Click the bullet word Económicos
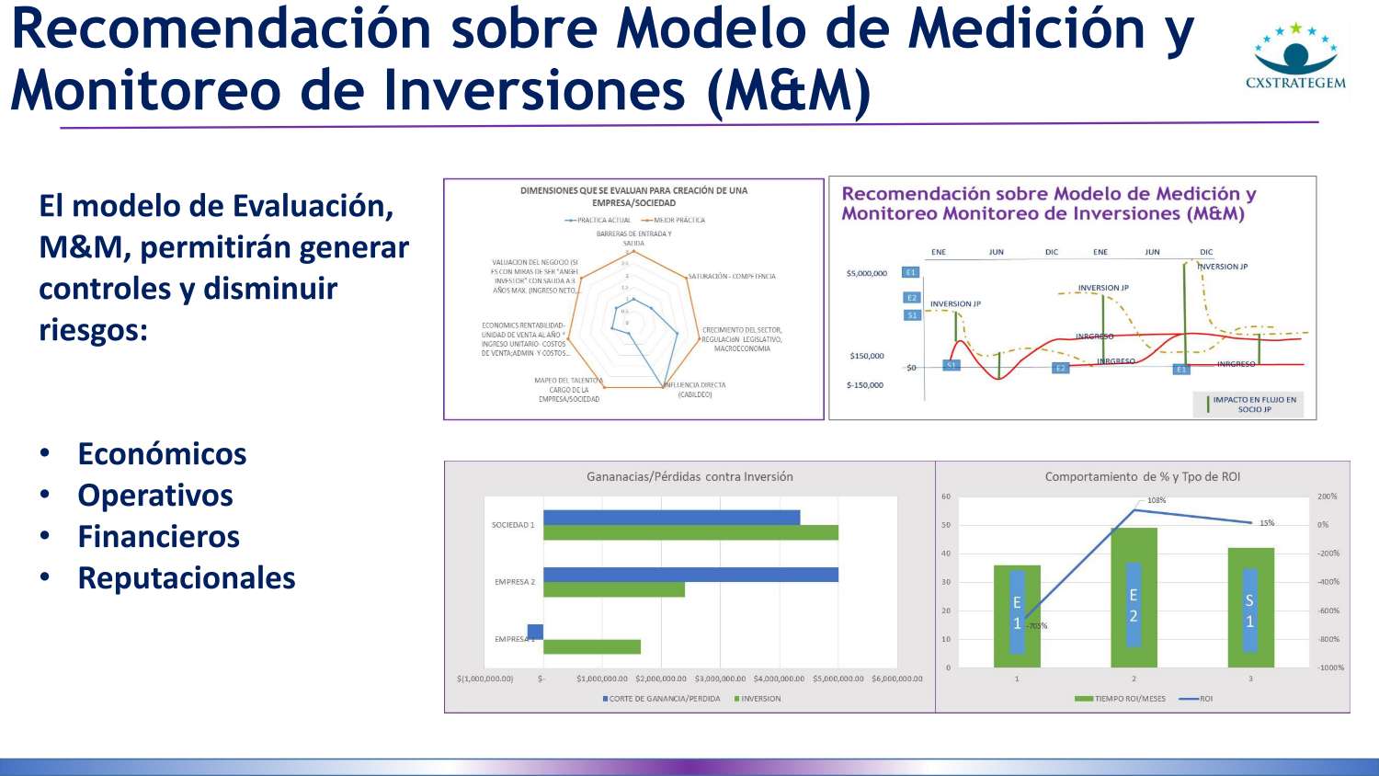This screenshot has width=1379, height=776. [x=162, y=454]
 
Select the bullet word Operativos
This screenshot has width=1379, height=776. [x=155, y=496]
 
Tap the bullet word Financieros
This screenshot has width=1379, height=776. [x=158, y=537]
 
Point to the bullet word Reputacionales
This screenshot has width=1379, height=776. [x=187, y=578]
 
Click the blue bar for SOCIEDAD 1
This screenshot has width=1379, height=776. [x=671, y=518]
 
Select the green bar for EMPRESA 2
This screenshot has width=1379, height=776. [x=614, y=589]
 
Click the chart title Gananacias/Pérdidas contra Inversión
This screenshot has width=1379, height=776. [x=689, y=476]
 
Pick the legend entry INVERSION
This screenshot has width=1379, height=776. [x=760, y=699]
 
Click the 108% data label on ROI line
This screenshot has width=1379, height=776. [x=1157, y=500]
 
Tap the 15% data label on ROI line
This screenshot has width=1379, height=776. [x=1267, y=523]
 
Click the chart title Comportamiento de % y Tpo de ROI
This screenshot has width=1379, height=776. [x=1143, y=476]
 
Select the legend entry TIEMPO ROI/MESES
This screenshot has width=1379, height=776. [x=1129, y=699]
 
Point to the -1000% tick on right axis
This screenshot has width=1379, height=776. [x=1330, y=668]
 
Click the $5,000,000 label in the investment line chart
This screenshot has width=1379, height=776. [x=867, y=273]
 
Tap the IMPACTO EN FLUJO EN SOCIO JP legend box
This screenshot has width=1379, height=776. [x=1253, y=405]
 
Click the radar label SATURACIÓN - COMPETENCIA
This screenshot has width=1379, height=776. [x=732, y=276]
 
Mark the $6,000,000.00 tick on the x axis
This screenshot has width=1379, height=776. [x=896, y=679]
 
